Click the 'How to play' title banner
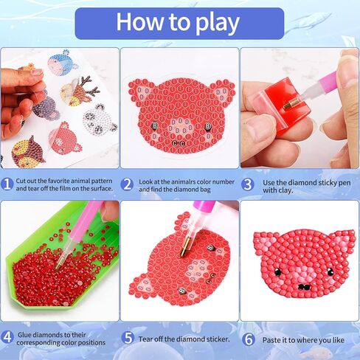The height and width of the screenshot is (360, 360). pos(179,23)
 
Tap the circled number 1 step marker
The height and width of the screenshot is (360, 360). pos(7,183)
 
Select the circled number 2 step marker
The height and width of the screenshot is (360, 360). pos(128,183)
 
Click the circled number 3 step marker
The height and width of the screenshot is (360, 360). pos(249,183)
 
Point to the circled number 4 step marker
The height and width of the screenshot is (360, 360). pos(7,336)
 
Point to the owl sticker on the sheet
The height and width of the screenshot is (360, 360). pos(28,152)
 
